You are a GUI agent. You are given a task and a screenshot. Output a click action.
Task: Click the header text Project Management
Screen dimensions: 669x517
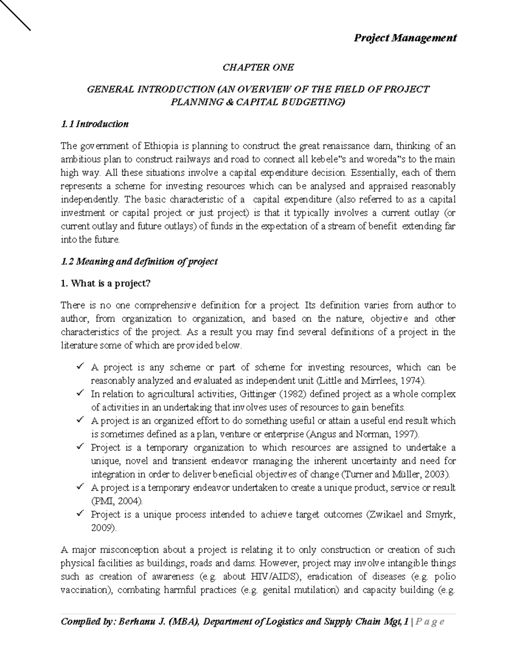(x=405, y=38)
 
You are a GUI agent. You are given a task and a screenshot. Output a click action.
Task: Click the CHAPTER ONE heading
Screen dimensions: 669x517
(x=258, y=67)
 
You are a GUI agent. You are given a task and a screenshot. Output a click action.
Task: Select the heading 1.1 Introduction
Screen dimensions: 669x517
(x=95, y=124)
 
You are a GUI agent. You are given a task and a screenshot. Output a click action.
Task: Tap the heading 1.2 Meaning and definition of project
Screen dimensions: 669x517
(x=140, y=261)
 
